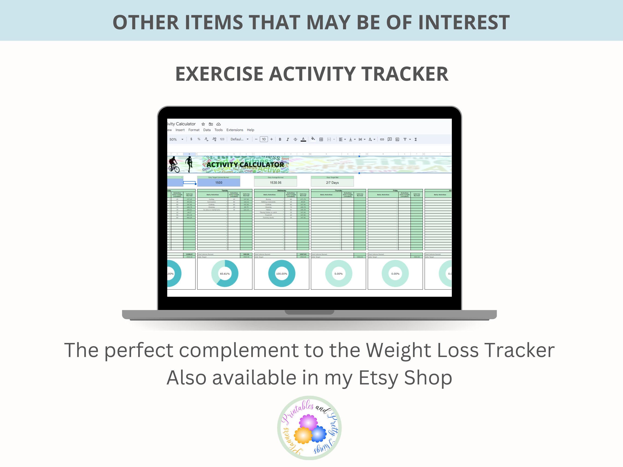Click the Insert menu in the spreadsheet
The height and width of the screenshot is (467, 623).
pyautogui.click(x=180, y=130)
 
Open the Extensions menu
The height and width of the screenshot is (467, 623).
pyautogui.click(x=235, y=130)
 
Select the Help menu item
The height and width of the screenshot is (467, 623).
pyautogui.click(x=250, y=130)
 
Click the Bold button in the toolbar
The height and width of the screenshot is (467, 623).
pyautogui.click(x=280, y=139)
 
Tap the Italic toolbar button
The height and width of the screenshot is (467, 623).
pyautogui.click(x=288, y=139)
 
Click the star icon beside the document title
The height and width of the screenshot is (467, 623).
pyautogui.click(x=203, y=124)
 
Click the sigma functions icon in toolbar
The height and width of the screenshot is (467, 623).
pyautogui.click(x=416, y=139)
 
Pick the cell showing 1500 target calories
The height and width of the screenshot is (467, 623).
pyautogui.click(x=219, y=183)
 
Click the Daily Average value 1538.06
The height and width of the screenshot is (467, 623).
pyautogui.click(x=276, y=183)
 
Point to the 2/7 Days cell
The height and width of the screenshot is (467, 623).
pyautogui.click(x=332, y=183)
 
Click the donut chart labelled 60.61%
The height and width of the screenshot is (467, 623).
pyautogui.click(x=225, y=274)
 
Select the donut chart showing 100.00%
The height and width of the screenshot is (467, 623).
pyautogui.click(x=282, y=274)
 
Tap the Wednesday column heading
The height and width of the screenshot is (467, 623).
pyautogui.click(x=282, y=190)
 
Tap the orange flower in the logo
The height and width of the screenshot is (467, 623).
pyautogui.click(x=303, y=435)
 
